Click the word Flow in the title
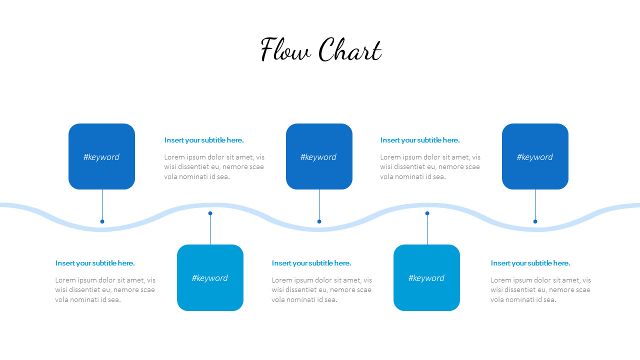(285, 49)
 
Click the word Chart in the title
(350, 49)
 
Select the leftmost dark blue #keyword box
(101, 156)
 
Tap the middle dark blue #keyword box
(319, 156)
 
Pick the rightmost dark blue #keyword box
(535, 156)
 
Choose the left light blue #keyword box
(210, 277)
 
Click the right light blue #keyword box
(426, 277)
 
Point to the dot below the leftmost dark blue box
(102, 221)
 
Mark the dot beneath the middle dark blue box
(319, 221)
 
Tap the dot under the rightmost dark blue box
(535, 221)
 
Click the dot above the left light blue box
(210, 213)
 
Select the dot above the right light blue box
(427, 213)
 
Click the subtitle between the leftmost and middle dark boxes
(204, 140)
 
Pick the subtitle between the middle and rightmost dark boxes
(420, 140)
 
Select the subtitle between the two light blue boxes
(311, 263)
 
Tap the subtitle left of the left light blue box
(95, 263)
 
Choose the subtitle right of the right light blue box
(530, 263)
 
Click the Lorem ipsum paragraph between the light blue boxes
(321, 289)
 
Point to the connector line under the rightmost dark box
(535, 204)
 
